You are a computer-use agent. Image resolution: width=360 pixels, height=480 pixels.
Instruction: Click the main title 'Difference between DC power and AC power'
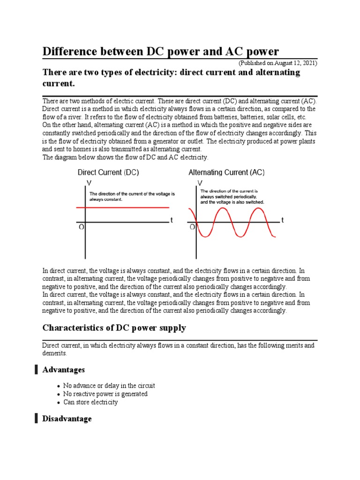(160, 51)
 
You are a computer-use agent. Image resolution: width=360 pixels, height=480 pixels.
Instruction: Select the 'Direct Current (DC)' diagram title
(108, 172)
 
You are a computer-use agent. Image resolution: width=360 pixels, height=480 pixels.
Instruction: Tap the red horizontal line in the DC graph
(127, 207)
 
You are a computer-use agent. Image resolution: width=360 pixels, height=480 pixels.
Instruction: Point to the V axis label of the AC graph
(200, 183)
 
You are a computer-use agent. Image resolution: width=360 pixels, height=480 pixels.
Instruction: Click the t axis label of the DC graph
(172, 219)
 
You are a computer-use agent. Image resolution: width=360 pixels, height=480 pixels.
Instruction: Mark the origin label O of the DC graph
(81, 227)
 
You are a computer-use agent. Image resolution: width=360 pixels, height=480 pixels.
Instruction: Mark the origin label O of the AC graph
(192, 227)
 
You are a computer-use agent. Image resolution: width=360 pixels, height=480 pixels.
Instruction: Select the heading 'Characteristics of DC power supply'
(114, 328)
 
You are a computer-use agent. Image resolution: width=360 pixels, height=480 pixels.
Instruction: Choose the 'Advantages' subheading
(64, 370)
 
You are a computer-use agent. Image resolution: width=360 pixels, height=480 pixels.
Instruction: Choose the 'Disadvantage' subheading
(67, 419)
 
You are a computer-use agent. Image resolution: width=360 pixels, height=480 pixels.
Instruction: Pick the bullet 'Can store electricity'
(90, 402)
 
